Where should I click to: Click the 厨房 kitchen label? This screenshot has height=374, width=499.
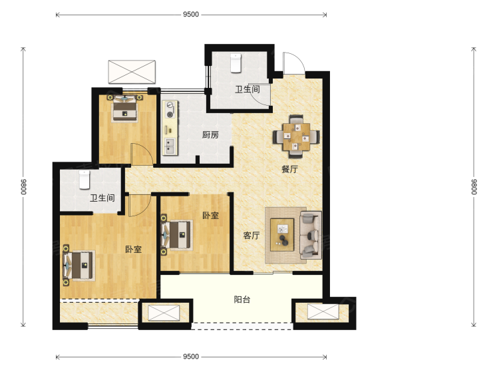pos(210,134)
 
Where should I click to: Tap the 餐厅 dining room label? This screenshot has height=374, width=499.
pos(289,169)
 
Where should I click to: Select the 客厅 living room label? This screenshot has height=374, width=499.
pos(251,235)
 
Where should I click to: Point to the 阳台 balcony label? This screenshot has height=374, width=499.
pos(242,299)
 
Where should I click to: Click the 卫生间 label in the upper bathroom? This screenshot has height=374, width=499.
pos(248,89)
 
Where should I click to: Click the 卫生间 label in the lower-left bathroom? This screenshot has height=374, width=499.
pos(102,198)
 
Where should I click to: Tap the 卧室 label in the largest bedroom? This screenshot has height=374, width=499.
pos(133,249)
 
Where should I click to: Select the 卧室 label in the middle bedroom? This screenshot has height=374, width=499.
pos(211,215)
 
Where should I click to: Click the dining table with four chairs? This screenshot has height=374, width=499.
pos(296,136)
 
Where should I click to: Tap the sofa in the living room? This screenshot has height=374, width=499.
pos(310,235)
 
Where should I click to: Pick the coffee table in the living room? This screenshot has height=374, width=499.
pos(282,235)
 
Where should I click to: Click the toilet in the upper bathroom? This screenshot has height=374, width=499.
pos(236,63)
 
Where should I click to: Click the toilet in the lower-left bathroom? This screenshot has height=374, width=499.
pos(84,180)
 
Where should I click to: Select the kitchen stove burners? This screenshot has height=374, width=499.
pos(170,109)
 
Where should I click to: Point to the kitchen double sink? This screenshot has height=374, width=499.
pos(170,146)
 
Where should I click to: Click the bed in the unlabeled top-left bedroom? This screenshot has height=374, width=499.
pos(125,108)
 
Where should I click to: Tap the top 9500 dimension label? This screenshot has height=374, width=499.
pos(191,15)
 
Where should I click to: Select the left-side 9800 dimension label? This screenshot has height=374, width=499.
pos(23,187)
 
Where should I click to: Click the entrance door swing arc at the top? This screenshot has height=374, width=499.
pos(294,63)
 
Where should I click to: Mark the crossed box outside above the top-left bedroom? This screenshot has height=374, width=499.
pos(132,72)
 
